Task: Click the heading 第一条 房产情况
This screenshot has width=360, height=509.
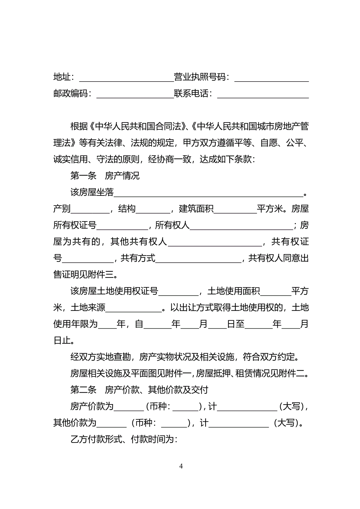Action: tap(105, 176)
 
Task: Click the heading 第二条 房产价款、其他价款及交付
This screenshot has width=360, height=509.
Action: tap(139, 390)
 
